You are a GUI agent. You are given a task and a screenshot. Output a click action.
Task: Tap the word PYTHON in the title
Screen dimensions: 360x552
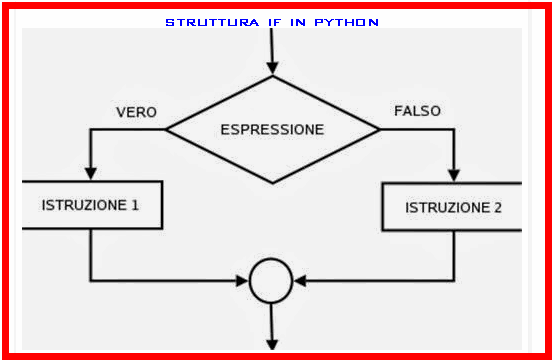344,22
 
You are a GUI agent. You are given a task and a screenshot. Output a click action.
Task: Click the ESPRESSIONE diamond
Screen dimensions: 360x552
272,129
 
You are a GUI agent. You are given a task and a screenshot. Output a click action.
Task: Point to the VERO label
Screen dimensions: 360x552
136,112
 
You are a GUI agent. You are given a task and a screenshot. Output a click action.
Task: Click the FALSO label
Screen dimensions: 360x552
417,111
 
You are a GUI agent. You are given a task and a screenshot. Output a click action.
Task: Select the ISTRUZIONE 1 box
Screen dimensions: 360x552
91,205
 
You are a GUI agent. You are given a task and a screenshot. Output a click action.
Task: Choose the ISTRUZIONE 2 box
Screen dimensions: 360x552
452,208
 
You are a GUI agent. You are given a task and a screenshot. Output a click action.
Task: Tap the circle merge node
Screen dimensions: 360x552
270,280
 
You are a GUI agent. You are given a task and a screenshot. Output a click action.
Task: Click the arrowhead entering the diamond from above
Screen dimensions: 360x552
272,69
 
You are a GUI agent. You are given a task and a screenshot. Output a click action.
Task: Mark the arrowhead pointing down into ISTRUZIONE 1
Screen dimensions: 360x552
91,174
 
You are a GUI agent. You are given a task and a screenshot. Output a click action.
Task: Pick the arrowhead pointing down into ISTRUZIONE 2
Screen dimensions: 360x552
454,176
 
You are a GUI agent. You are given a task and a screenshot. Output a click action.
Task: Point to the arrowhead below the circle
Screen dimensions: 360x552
271,346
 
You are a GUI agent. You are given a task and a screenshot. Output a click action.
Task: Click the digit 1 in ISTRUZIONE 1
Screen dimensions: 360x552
134,205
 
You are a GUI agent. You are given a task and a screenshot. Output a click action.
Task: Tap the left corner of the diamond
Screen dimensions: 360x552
166,129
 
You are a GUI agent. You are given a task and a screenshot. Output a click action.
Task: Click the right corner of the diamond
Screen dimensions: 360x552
380,129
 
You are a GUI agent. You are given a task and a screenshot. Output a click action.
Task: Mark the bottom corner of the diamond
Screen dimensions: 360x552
272,183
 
